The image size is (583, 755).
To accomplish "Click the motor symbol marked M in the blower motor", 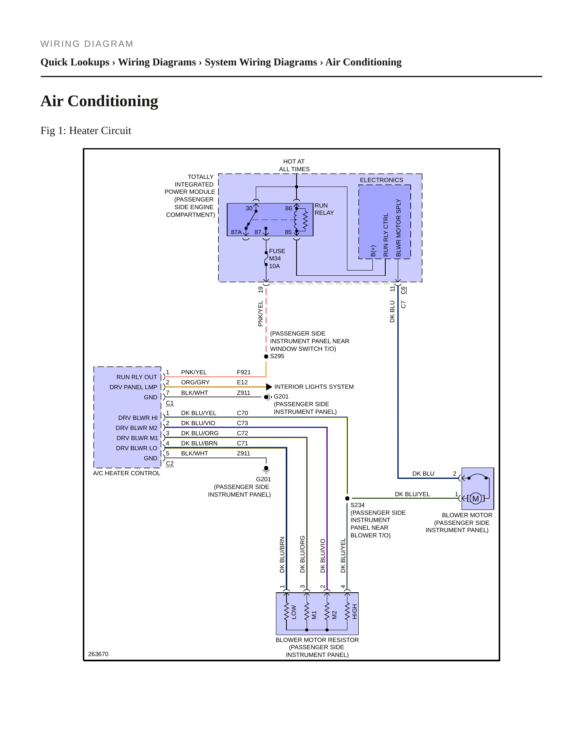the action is point(476,499).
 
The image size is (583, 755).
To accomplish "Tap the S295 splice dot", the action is point(266,357).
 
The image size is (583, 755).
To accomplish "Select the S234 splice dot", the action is point(347,498).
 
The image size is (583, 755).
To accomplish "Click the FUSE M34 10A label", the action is point(277,258).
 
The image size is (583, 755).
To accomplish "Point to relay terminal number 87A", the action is point(236,232).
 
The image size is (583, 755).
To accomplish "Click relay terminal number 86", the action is point(288,208).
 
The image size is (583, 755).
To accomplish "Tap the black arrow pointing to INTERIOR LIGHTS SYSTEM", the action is point(269,387).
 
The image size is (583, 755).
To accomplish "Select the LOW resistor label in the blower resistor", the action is point(294,612).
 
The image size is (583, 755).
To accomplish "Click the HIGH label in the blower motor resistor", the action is point(355,612).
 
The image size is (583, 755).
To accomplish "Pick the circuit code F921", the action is point(244,372).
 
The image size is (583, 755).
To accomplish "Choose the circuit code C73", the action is point(242,423).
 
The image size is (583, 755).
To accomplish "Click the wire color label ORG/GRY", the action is point(195,382).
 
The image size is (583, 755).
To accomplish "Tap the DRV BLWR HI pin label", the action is point(138,418).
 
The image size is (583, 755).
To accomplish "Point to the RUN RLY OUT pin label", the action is point(137,377).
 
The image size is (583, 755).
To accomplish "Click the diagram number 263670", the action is point(98,654).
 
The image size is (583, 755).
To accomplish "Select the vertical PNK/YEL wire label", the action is point(260,314).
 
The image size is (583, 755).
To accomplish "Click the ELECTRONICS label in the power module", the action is point(382,180).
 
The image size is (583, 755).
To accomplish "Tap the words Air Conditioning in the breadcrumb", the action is point(364,62).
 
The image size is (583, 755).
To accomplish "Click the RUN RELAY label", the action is point(324,209).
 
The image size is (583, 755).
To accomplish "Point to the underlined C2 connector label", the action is point(170,463).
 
